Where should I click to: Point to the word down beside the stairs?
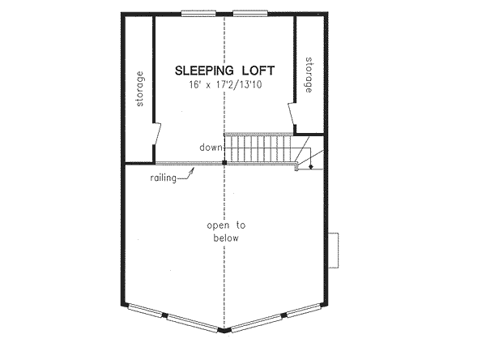(211, 148)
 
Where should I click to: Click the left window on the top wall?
(198, 13)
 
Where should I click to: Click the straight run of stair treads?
(258, 148)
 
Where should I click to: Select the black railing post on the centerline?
(224, 163)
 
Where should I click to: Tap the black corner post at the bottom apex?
(224, 331)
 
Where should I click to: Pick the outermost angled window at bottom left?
(146, 311)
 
